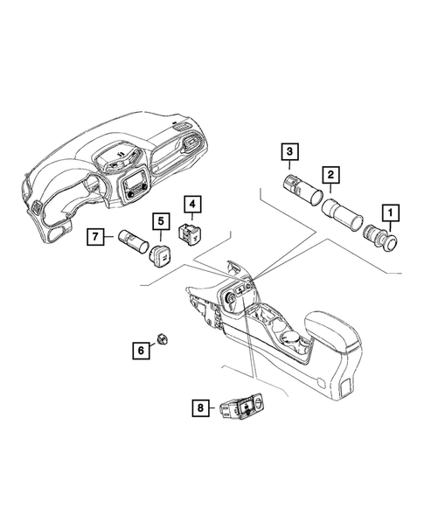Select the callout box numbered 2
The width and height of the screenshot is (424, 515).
[x=330, y=176]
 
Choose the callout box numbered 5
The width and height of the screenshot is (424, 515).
[x=161, y=223]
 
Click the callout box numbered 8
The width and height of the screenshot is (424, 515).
[x=201, y=407]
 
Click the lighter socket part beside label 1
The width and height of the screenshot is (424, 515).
[x=385, y=238]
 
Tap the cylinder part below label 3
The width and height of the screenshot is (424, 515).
[x=298, y=190]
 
